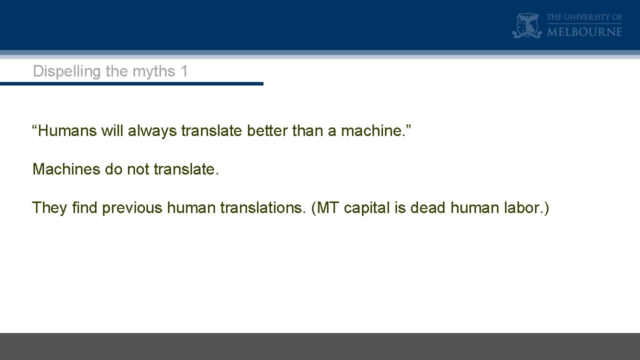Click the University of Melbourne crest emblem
tap(527, 25)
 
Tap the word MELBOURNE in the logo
tap(584, 31)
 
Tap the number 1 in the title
tap(184, 71)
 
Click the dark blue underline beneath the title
tap(131, 83)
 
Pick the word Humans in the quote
tap(67, 131)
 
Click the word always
tap(152, 131)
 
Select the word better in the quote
tap(267, 131)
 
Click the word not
tap(138, 169)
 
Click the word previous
tap(132, 207)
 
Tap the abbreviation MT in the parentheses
tap(328, 207)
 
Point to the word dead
tap(428, 207)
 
